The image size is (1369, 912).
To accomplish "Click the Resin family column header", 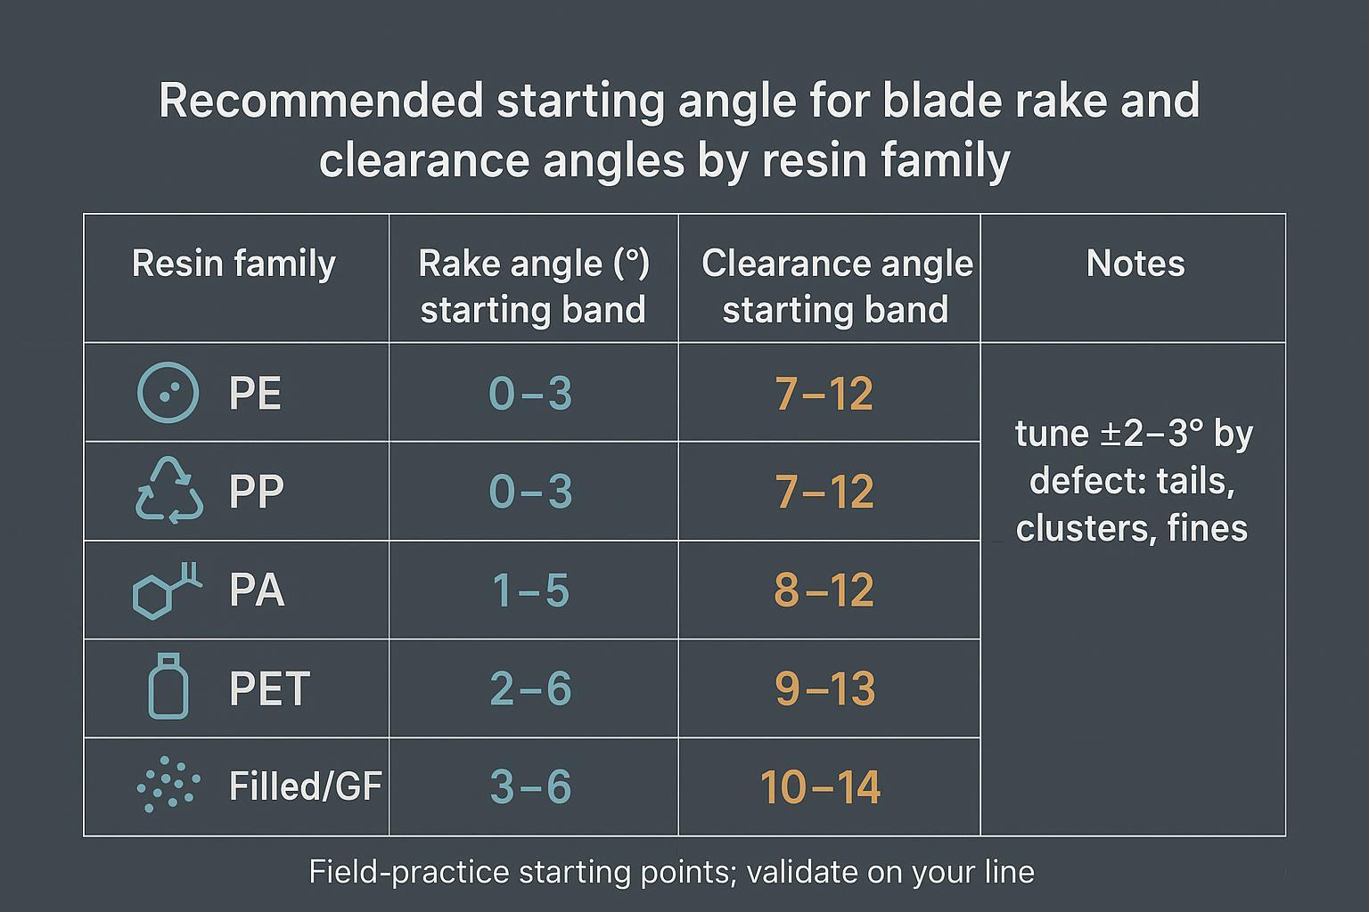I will [x=234, y=265].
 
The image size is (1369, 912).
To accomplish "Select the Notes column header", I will [x=1135, y=265].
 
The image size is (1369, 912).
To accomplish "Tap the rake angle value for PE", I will [x=530, y=394].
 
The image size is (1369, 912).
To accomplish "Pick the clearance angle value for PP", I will [x=824, y=492].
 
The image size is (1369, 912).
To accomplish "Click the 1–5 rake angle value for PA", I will [x=530, y=590].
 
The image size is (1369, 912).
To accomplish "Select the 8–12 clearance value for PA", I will [x=824, y=590].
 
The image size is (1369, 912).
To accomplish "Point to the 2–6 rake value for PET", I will [x=530, y=688].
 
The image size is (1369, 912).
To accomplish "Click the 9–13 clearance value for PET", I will [x=824, y=688].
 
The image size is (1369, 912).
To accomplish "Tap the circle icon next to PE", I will [x=168, y=393].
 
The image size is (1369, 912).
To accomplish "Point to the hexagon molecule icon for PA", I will [x=166, y=590].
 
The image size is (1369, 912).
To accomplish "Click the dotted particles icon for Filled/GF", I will [x=168, y=786].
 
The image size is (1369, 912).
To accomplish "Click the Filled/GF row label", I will [x=305, y=786].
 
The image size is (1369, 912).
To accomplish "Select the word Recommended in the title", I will [x=321, y=101].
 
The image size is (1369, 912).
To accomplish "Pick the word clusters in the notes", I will [x=1069, y=529].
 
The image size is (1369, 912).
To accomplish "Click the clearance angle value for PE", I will [x=824, y=394].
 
